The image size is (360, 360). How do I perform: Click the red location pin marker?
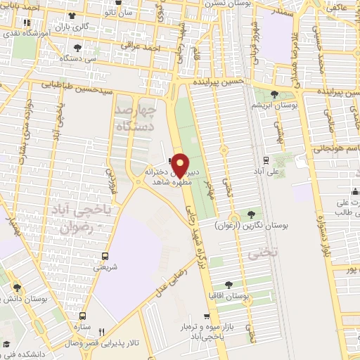(x=180, y=165)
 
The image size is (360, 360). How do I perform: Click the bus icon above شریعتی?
(x=105, y=256)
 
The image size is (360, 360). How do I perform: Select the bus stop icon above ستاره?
(x=83, y=316)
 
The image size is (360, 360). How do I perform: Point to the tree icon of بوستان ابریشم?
(x=274, y=94)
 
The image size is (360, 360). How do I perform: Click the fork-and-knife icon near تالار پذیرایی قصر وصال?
(x=101, y=332)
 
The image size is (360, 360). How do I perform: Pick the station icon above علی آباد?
(x=266, y=160)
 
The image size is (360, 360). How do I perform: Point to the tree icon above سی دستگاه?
(x=77, y=48)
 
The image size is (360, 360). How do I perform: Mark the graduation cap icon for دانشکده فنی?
(x=8, y=345)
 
